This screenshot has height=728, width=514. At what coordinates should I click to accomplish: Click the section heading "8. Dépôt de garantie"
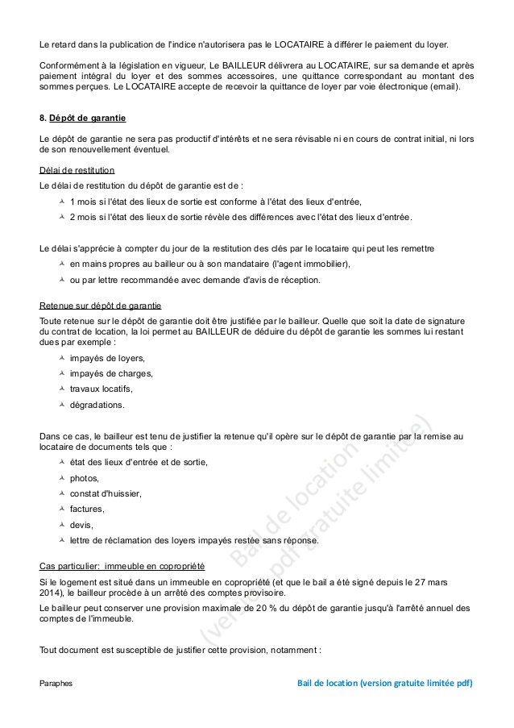tap(82, 119)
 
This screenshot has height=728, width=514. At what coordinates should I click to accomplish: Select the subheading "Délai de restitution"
tap(77, 170)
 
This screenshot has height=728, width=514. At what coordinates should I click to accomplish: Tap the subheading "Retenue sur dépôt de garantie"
tap(100, 306)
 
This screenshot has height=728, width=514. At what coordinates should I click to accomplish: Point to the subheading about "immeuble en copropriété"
tap(122, 566)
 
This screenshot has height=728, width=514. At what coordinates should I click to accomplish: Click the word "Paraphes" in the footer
tap(56, 683)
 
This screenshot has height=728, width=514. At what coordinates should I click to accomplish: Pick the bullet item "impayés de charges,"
tap(111, 373)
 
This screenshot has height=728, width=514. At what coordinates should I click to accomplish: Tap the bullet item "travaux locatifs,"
tap(101, 389)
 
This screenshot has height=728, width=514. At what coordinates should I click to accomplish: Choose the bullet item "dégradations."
tap(97, 404)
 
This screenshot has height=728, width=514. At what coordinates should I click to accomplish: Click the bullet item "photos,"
tap(84, 477)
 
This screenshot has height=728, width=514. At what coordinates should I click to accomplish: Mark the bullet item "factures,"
tap(87, 509)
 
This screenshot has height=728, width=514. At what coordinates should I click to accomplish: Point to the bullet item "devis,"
tap(81, 524)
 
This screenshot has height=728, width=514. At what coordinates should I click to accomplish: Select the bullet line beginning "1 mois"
tap(216, 202)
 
